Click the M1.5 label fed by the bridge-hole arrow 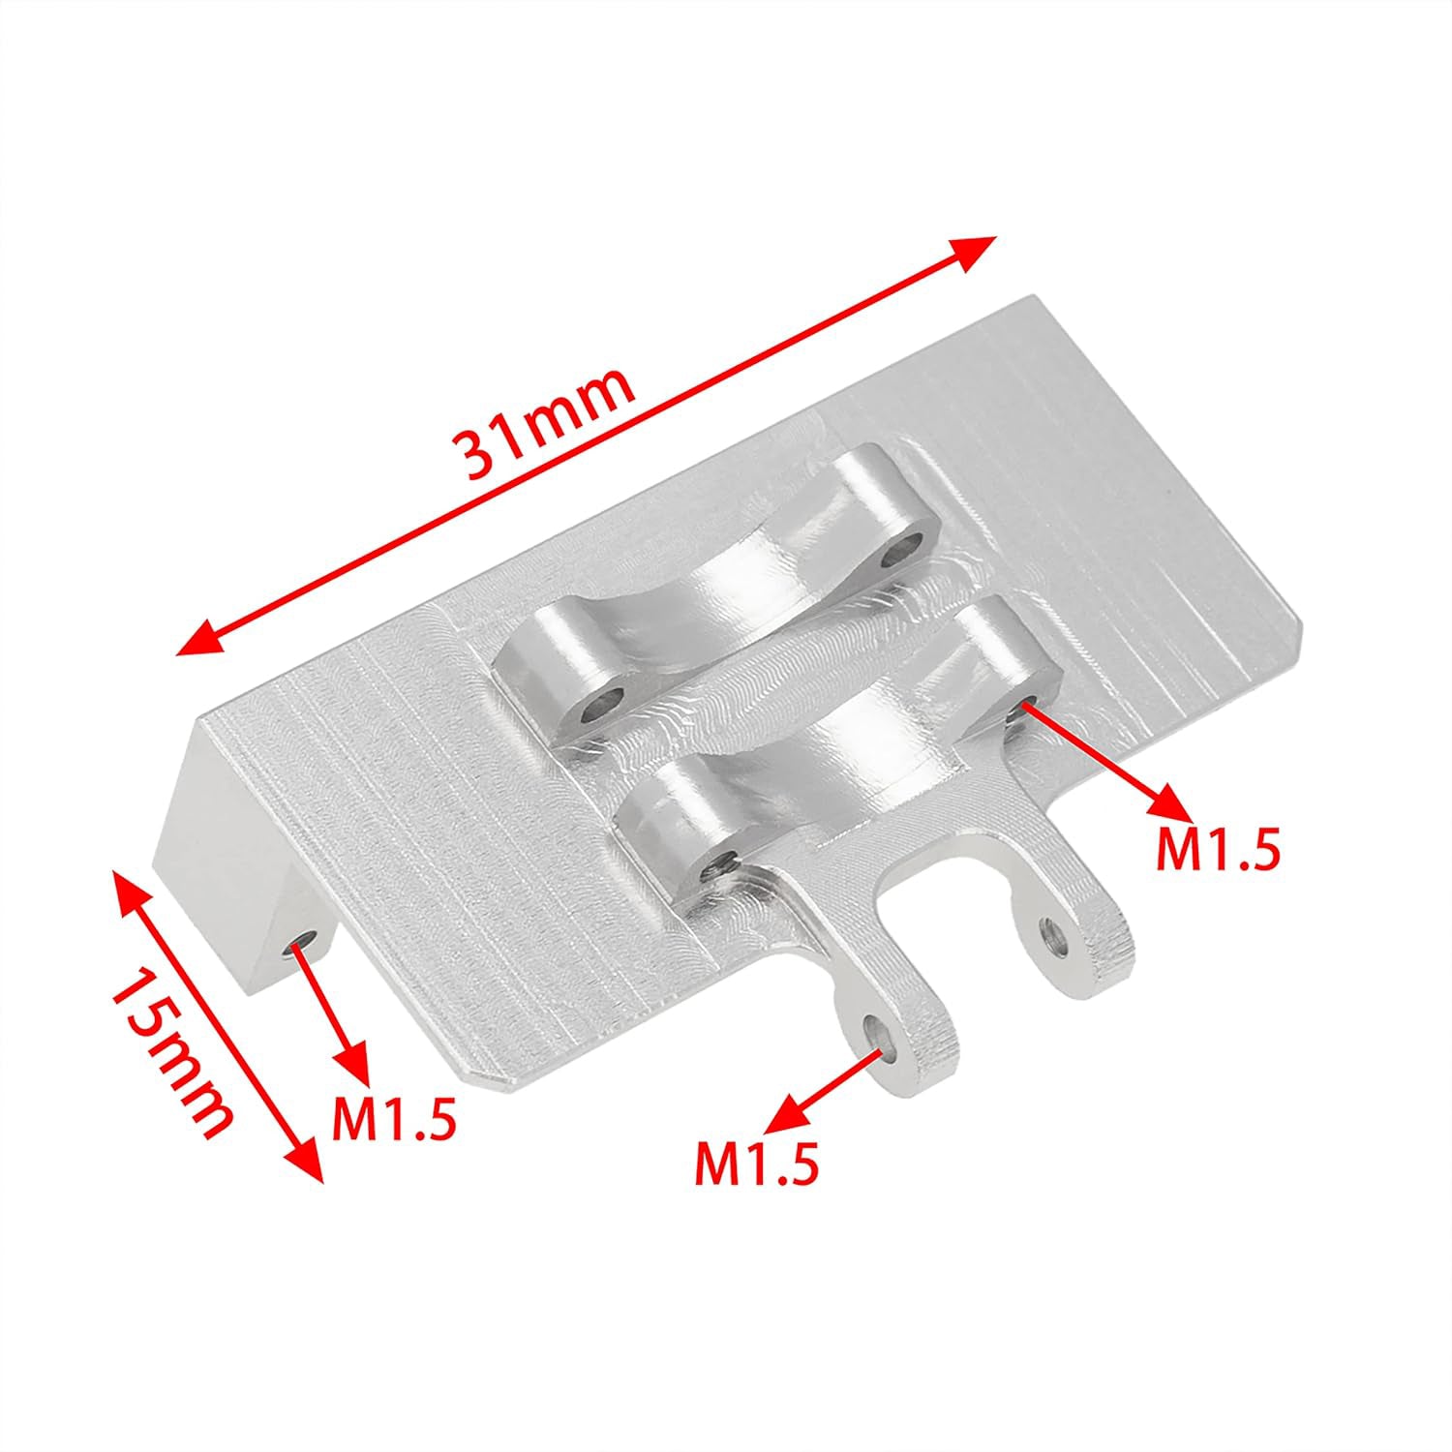(1218, 849)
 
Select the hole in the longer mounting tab (879, 1030)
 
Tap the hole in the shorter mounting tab (1051, 934)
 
